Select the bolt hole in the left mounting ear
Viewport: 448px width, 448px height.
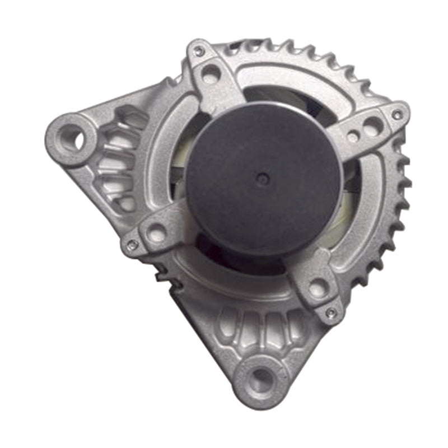point(75,138)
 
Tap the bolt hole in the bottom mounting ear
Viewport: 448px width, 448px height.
point(261,380)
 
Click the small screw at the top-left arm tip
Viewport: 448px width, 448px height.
point(198,51)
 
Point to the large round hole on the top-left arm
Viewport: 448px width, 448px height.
point(211,73)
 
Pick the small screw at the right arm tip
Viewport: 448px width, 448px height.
point(396,114)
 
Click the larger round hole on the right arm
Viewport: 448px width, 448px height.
point(371,126)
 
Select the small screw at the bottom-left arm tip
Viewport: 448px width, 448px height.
point(132,245)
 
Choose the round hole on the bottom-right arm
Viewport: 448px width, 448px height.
point(318,289)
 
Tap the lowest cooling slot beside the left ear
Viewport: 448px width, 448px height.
point(125,203)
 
